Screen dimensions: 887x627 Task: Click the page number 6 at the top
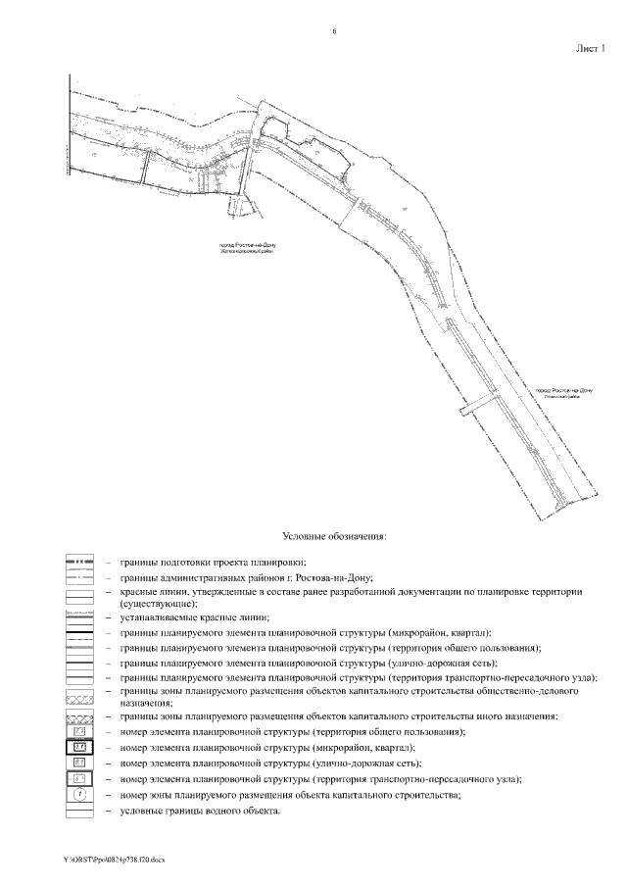(x=335, y=32)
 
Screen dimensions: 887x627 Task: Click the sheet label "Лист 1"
(x=590, y=47)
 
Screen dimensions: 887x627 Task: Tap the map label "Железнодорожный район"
(x=245, y=251)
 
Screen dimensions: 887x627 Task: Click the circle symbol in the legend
(x=80, y=795)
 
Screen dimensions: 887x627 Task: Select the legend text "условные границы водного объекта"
(x=201, y=811)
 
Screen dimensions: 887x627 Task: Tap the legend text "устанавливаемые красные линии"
(x=194, y=617)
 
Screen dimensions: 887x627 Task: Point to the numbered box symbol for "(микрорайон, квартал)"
(x=80, y=747)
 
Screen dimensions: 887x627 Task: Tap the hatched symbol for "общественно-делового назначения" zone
(x=80, y=693)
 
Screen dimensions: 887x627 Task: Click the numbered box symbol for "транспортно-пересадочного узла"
(x=80, y=778)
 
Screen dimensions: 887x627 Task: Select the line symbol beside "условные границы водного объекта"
(x=80, y=811)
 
